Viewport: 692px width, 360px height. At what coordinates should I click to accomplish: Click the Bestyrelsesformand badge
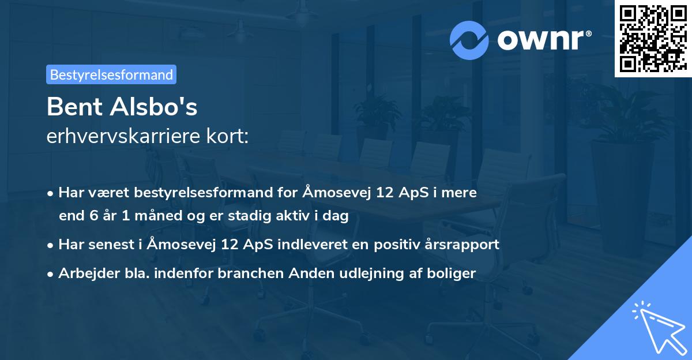point(111,74)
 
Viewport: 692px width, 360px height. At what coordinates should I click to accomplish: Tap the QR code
point(652,38)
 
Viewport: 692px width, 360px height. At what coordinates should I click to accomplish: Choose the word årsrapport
point(467,244)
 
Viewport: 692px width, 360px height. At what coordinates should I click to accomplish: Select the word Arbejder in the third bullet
point(84,273)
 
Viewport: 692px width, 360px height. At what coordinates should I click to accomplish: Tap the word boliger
point(453,273)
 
